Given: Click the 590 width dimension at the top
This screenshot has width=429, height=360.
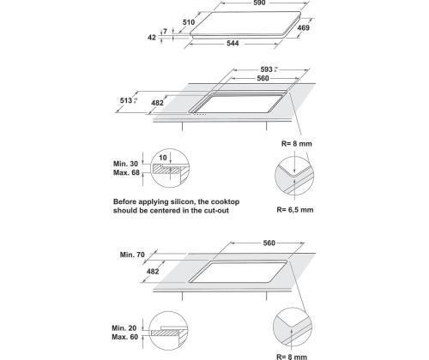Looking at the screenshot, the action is point(259,3).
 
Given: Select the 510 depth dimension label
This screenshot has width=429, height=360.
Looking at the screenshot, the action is point(189,22).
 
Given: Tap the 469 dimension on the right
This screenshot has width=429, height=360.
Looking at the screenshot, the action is point(303,27).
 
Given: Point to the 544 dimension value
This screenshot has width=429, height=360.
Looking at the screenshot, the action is point(233,43).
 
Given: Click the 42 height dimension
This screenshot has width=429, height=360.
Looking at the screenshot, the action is point(152,37).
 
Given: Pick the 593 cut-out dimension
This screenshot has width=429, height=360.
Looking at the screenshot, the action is point(266,69).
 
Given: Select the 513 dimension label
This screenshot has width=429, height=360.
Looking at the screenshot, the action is point(126,100).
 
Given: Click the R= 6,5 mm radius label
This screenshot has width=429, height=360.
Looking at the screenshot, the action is point(295,210).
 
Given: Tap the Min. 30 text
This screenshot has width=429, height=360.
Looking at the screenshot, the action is point(125,164).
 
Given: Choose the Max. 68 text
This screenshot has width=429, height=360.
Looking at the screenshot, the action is point(126,172).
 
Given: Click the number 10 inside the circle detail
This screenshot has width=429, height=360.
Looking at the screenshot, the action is point(163,158).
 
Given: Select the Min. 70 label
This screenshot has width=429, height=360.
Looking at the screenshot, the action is point(132,255).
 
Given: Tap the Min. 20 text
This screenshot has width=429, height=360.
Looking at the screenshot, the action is point(124,328).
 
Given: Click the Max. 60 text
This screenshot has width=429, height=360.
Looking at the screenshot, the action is point(125,337).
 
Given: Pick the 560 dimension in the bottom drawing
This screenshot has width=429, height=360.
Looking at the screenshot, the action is point(269,243).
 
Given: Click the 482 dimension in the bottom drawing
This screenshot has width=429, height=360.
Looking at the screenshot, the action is point(153,271).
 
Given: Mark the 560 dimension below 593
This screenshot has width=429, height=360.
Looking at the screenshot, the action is point(263,78).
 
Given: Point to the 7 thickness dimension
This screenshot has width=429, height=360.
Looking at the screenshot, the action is point(165,31).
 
